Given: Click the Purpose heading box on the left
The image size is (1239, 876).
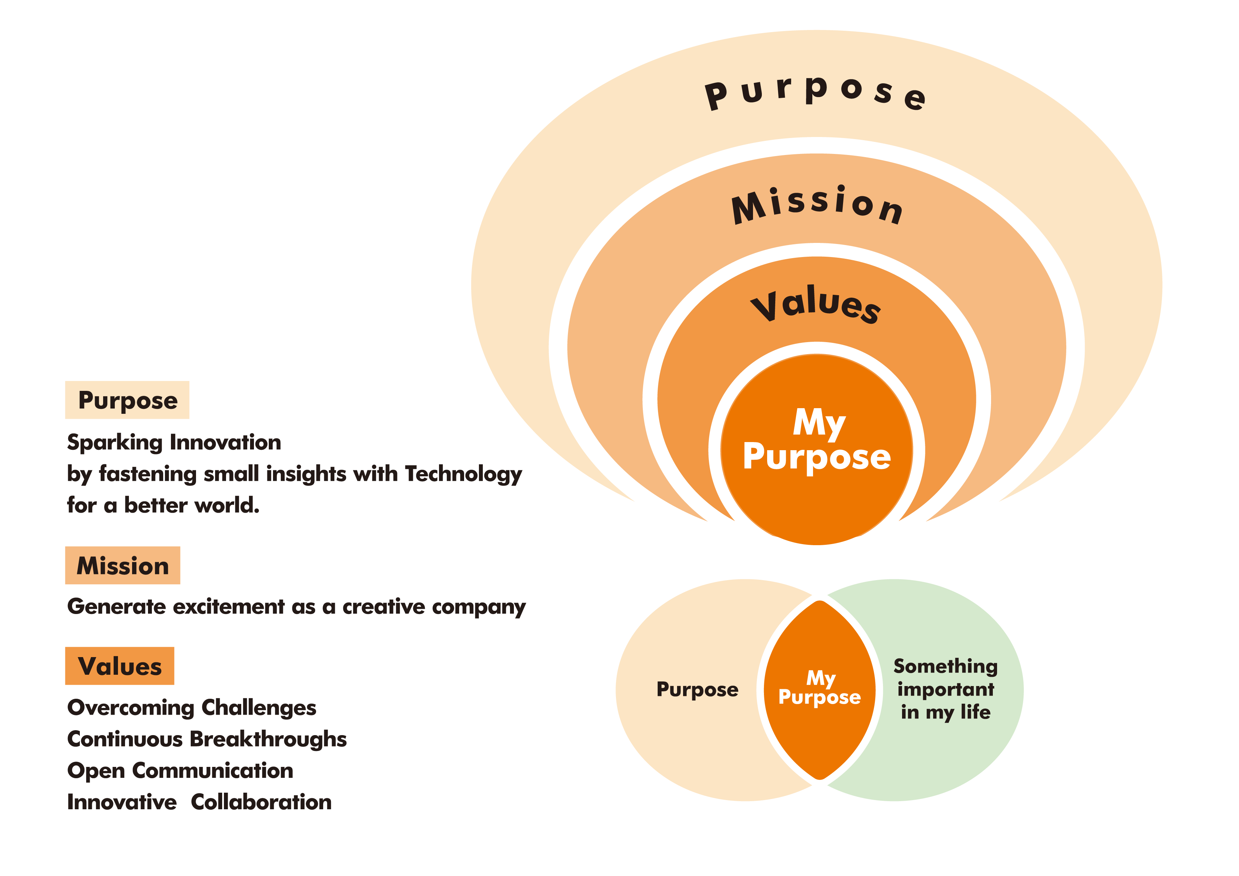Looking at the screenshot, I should [128, 400].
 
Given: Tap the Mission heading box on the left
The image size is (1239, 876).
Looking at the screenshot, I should [123, 565].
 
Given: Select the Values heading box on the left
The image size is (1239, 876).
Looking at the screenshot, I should [120, 666].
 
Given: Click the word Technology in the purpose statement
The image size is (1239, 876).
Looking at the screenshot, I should [463, 475].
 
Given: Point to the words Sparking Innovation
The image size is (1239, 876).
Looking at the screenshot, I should [174, 442].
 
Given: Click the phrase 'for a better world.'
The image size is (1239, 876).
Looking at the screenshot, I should [163, 505].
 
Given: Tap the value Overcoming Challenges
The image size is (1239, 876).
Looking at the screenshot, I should [191, 708].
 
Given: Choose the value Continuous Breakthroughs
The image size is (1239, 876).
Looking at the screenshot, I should [207, 739].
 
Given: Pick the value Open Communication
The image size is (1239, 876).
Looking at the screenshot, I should [180, 771].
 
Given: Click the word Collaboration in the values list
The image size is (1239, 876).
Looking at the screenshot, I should [261, 803].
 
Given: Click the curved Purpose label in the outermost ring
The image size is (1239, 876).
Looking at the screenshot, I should [816, 92].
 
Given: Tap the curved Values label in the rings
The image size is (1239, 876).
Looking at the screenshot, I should [816, 305].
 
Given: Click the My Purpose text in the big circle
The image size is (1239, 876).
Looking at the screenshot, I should [817, 440].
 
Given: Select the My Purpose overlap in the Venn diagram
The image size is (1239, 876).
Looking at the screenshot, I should [820, 688].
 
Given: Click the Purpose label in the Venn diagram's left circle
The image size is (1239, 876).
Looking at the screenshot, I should [697, 689].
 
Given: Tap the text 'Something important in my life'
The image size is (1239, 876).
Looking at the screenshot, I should [945, 689].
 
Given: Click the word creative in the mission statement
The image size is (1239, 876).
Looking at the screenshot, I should [384, 607].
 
